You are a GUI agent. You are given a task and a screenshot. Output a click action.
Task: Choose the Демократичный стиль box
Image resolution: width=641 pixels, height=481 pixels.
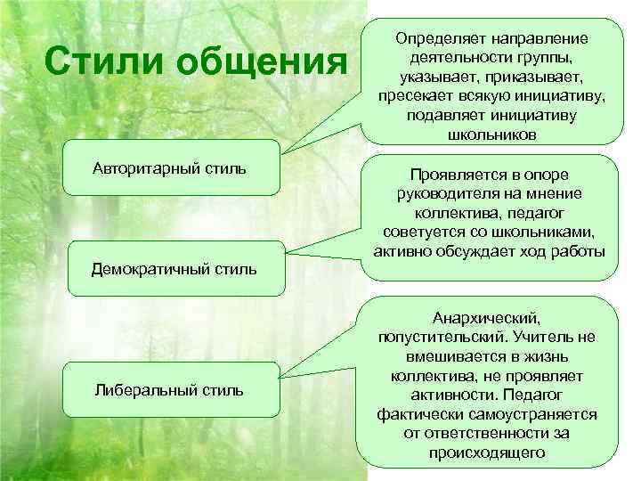(x=174, y=268)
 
